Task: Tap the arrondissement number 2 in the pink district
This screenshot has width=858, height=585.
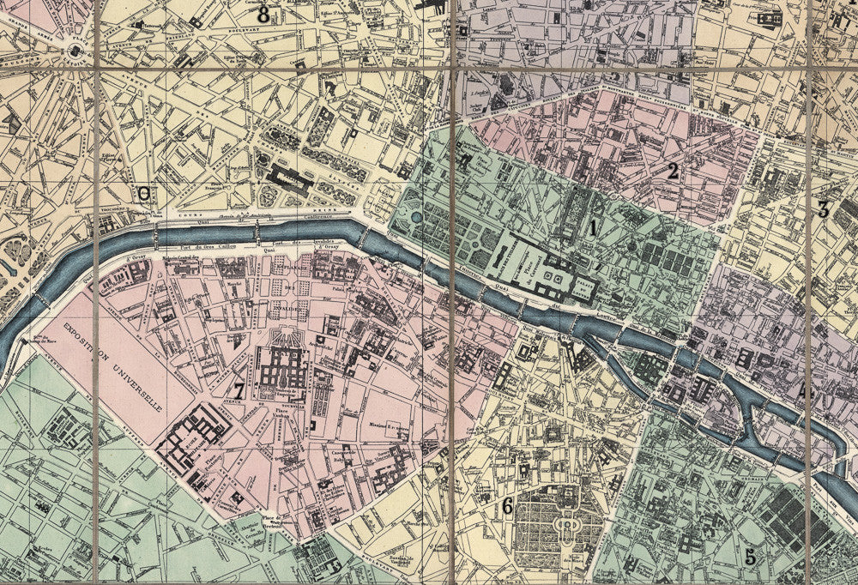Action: (674, 171)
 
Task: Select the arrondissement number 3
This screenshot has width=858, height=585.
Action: (823, 208)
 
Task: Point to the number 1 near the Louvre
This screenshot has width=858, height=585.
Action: (592, 228)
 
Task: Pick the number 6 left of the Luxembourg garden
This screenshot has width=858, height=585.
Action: (507, 507)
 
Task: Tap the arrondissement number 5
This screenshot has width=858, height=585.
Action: (750, 557)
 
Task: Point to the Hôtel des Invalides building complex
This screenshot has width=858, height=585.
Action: (282, 369)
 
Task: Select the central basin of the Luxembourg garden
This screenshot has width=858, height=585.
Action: (566, 522)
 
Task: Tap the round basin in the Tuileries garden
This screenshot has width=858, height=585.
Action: (416, 218)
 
